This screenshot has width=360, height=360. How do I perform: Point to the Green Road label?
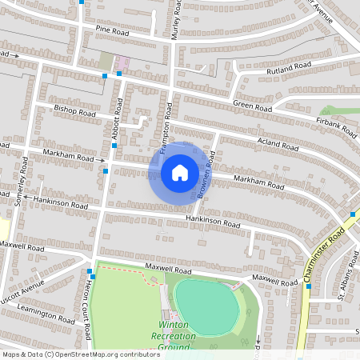tap(253, 106)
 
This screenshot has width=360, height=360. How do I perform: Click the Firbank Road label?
tap(337, 125)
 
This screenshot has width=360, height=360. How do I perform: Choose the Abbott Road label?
tap(116, 126)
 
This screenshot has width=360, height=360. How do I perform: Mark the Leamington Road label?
tap(49, 314)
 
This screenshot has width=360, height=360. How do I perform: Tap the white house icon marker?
tap(179, 171)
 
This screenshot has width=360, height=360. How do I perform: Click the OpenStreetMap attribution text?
tap(80, 354)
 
